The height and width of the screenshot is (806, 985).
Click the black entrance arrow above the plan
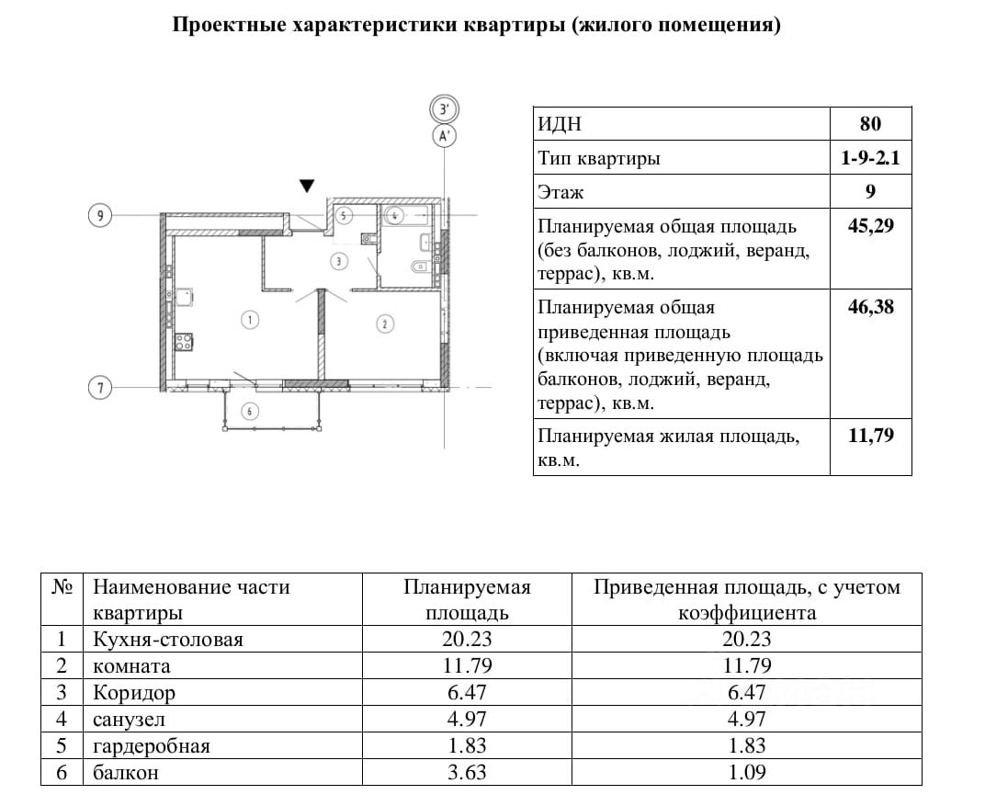tap(309, 186)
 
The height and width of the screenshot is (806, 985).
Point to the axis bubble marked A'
tap(445, 137)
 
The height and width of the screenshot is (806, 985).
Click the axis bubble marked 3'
tap(445, 109)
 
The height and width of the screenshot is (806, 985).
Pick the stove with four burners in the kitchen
tap(184, 341)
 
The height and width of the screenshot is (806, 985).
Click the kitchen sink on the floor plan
tap(183, 296)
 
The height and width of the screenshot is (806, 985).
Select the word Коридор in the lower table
tap(134, 692)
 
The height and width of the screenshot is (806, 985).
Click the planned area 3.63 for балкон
tap(467, 772)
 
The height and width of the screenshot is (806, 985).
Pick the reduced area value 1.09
tap(746, 772)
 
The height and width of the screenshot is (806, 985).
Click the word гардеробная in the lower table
tap(152, 745)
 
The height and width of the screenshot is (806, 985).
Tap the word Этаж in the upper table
tap(560, 192)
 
